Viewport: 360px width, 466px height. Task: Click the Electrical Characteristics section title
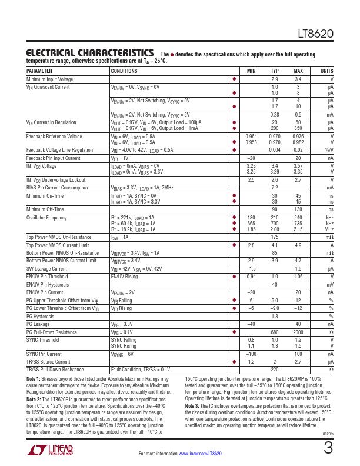click(90, 52)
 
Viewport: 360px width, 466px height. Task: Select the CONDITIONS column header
click(125, 71)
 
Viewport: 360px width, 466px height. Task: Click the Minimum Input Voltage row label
click(50, 79)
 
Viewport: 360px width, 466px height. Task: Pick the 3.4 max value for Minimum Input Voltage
click(298, 79)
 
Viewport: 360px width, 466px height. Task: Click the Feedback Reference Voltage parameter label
click(55, 136)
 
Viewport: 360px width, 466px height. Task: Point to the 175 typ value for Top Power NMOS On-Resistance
click(274, 237)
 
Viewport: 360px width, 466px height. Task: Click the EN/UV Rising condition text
click(125, 276)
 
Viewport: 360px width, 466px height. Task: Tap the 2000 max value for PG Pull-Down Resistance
click(298, 332)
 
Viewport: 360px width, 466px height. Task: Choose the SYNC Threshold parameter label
click(44, 339)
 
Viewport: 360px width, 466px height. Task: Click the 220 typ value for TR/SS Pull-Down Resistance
click(274, 369)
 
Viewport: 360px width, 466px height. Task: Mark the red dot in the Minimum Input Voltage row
click(234, 79)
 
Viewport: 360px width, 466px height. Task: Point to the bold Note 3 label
click(192, 406)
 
